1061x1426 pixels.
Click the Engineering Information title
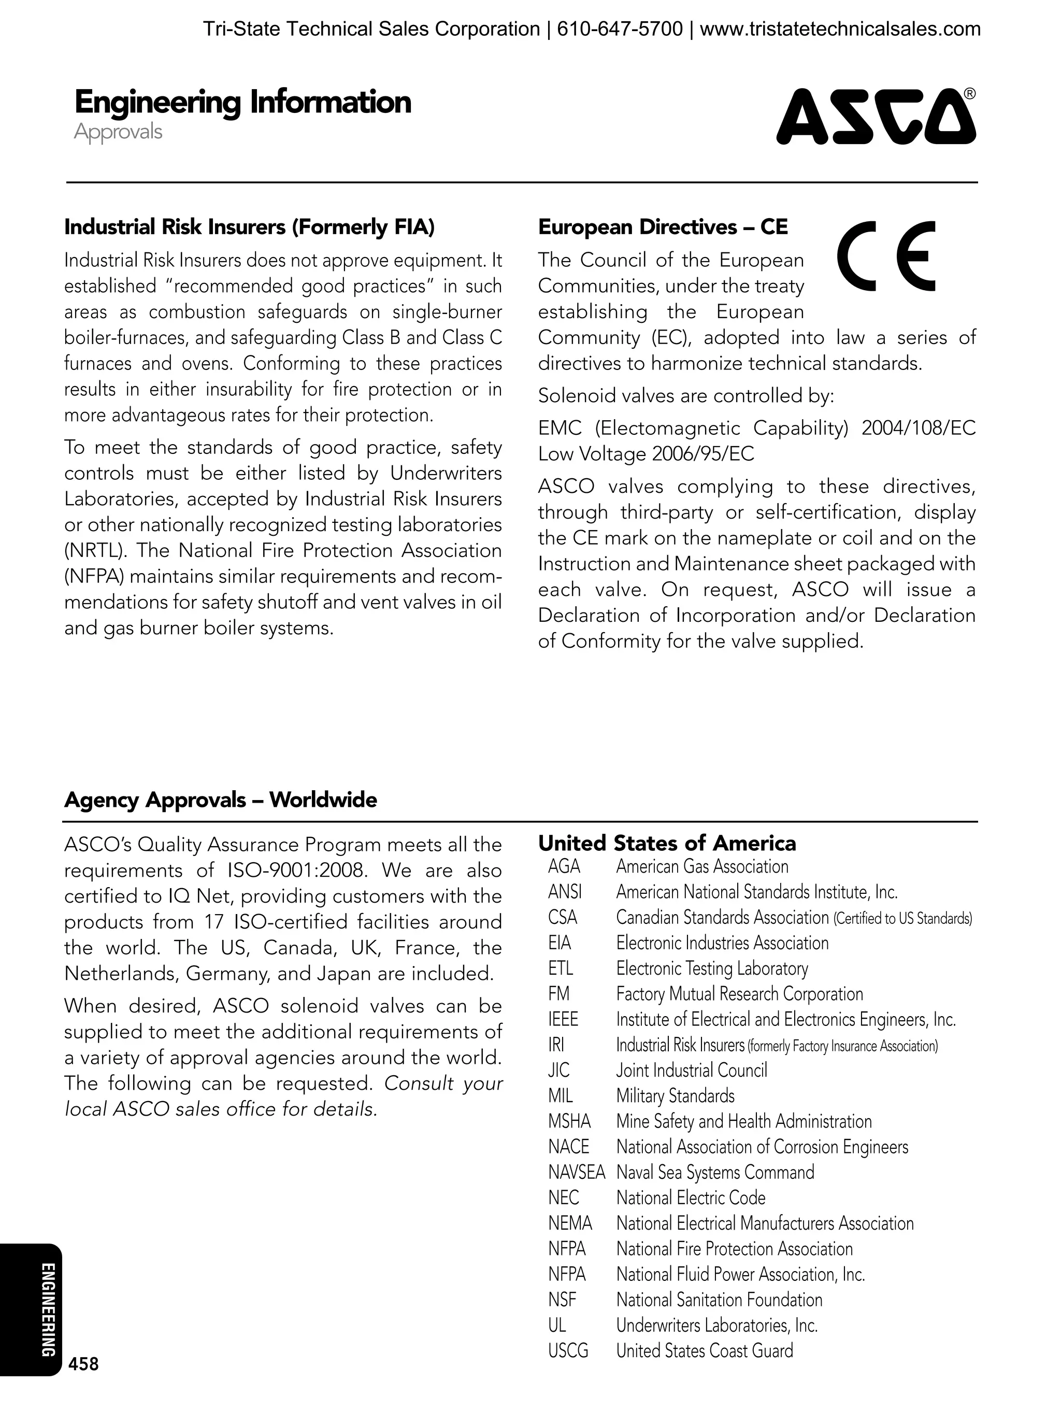point(243,102)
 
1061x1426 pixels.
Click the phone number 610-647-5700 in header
point(620,29)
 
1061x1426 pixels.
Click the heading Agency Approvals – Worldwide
point(220,800)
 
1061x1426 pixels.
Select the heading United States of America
point(667,843)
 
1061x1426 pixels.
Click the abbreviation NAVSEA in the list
point(576,1172)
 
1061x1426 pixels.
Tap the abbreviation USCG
point(568,1351)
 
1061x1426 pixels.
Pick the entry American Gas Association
point(702,866)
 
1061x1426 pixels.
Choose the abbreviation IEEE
point(563,1019)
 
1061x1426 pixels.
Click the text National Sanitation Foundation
point(719,1300)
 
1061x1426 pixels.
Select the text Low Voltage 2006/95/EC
point(646,454)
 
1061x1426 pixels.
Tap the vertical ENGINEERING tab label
point(48,1310)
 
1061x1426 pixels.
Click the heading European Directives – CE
point(662,227)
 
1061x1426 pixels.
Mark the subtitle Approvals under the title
point(118,132)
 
